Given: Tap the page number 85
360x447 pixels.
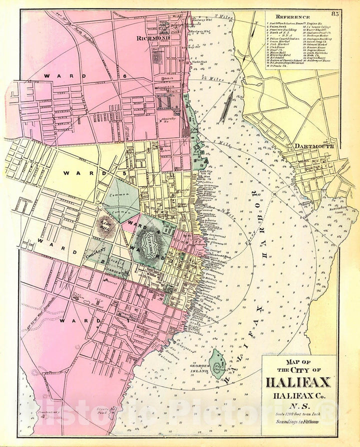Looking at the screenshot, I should click(x=334, y=14).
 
